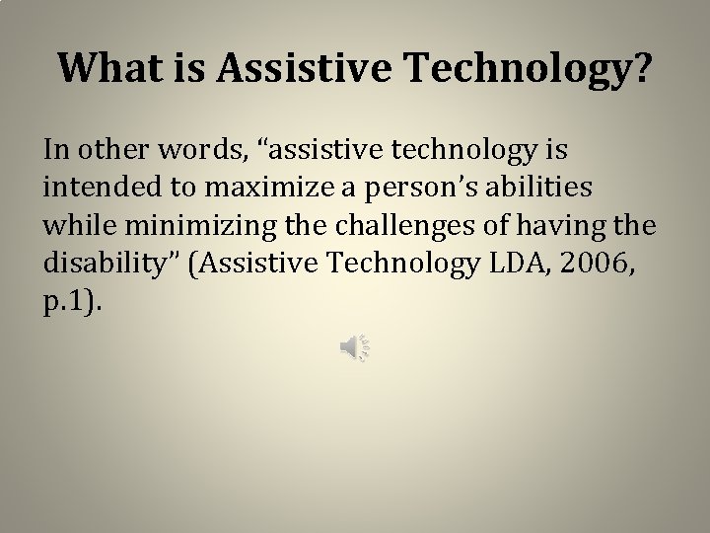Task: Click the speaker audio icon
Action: (x=354, y=347)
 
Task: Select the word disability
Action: (x=102, y=262)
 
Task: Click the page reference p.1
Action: (x=68, y=299)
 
